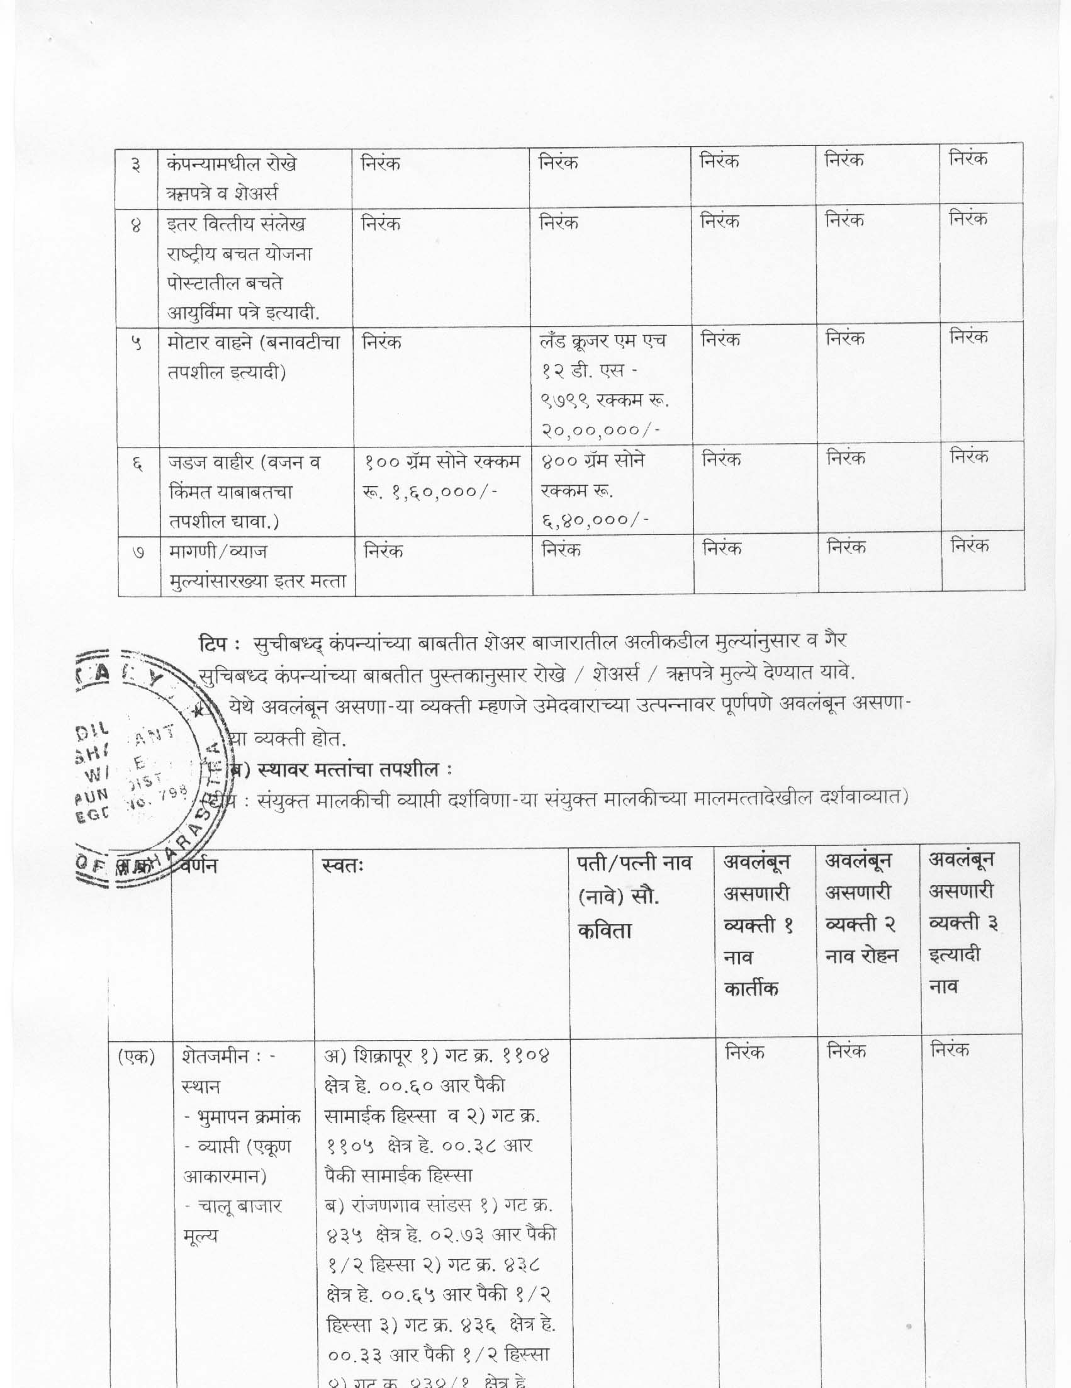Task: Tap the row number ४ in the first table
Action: click(136, 226)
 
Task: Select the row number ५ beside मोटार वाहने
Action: click(136, 344)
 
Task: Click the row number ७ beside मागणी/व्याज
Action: click(138, 553)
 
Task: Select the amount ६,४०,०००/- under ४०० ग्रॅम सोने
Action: click(595, 519)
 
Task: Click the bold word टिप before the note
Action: click(211, 643)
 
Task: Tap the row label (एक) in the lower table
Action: click(137, 1056)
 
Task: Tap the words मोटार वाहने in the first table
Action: click(209, 344)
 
